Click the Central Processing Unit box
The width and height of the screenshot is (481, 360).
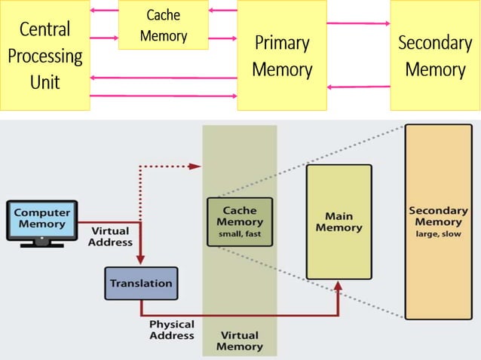(44, 55)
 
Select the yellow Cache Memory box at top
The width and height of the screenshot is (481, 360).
(163, 25)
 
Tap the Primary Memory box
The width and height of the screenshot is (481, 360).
(282, 55)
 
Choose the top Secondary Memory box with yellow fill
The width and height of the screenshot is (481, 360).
(434, 55)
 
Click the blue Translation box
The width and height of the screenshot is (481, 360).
(141, 283)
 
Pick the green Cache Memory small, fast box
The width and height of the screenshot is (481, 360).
(240, 221)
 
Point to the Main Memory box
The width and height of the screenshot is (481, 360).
(339, 222)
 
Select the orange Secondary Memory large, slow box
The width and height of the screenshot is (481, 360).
(438, 221)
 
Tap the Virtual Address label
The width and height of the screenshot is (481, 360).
(110, 236)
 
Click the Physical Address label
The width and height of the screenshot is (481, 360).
(172, 330)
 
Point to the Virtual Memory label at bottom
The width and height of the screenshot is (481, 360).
(240, 340)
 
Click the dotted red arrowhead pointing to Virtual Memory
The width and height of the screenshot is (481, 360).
(196, 166)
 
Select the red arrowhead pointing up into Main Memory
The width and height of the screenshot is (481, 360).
(338, 287)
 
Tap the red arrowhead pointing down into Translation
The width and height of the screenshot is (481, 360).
(141, 261)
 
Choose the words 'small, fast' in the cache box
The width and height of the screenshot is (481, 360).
(240, 233)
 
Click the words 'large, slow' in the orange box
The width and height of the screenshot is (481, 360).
(438, 233)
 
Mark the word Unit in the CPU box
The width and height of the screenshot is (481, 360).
(44, 81)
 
